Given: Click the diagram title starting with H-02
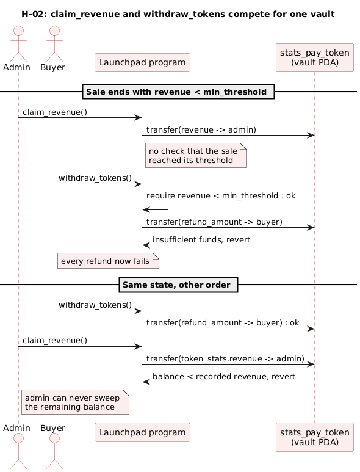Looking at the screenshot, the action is (x=178, y=14).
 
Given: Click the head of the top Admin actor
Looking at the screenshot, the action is (x=19, y=31).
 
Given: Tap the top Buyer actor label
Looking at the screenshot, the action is (x=52, y=67).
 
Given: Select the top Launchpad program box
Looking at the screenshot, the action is (x=142, y=63).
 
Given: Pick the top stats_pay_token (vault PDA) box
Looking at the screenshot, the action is (x=315, y=58).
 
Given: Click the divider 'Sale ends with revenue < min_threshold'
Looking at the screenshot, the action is (x=178, y=92).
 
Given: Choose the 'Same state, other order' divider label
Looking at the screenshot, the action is (x=178, y=285).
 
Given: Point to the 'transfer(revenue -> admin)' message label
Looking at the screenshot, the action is (x=201, y=129).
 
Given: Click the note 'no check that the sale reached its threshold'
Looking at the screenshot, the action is (x=196, y=155).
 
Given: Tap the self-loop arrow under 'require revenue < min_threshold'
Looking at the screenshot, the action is (x=168, y=206).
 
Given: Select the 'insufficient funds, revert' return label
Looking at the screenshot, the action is (x=201, y=239).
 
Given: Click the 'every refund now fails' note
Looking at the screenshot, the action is (x=108, y=261).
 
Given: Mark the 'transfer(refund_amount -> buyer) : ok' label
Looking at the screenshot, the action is (x=223, y=322).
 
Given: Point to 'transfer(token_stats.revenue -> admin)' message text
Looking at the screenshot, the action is (x=225, y=358).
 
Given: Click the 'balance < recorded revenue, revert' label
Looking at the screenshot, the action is (x=224, y=376).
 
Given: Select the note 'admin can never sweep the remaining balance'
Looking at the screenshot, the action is (x=75, y=402).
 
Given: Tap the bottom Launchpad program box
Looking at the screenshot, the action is (x=142, y=432).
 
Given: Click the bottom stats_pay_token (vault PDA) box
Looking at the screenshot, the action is (x=315, y=437).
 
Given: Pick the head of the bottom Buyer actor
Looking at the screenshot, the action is (x=54, y=438).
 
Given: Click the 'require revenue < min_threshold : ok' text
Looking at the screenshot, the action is (x=221, y=195).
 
